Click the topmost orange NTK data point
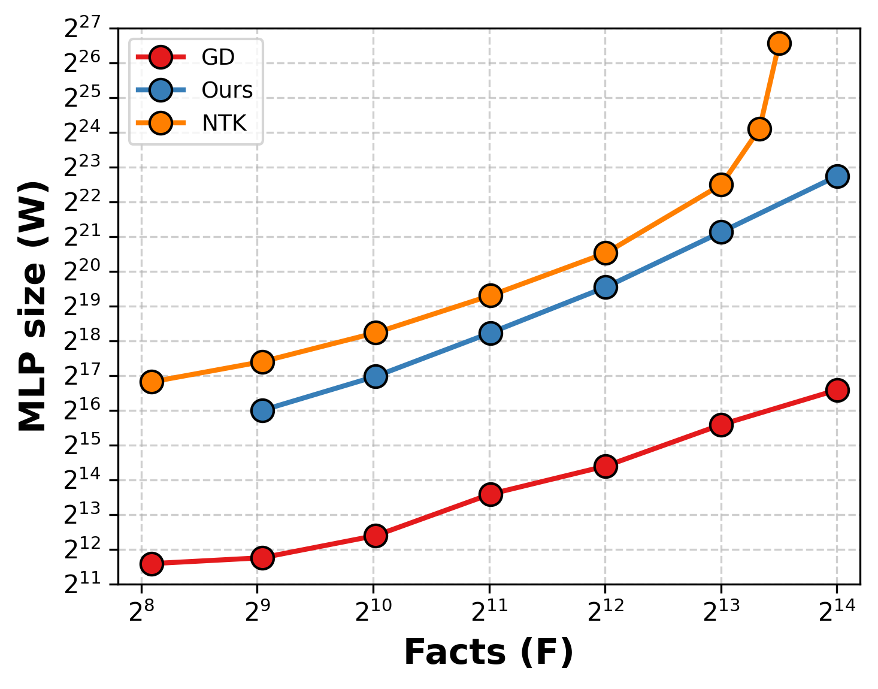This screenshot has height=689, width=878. point(779,43)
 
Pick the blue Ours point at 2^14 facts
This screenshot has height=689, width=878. point(837,176)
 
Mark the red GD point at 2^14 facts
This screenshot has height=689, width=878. point(837,390)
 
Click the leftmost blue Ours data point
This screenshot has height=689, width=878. point(262,411)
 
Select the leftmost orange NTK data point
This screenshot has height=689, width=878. point(152,382)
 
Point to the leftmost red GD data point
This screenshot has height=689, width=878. point(152,564)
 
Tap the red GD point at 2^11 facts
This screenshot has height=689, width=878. point(491,494)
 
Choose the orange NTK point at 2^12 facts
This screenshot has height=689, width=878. point(605,253)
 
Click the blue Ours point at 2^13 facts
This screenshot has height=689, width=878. point(721,232)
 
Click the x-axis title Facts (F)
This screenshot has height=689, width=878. point(489,652)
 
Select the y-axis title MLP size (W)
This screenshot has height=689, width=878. point(32,306)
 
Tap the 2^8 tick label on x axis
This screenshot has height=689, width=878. point(141,611)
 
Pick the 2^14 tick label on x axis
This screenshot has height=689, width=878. point(837,611)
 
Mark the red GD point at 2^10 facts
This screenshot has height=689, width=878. point(375,536)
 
